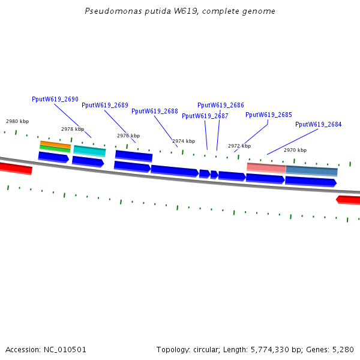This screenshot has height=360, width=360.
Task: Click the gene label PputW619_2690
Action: (55, 99)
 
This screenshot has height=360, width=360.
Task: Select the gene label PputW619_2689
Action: (105, 105)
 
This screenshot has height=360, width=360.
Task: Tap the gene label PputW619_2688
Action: (155, 111)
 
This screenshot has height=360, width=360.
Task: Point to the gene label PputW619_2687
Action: (205, 116)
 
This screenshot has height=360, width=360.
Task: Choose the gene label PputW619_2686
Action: (221, 105)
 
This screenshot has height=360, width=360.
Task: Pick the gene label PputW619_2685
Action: (269, 115)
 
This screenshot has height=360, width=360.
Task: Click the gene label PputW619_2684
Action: (319, 124)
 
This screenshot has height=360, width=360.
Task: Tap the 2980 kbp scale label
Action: (17, 121)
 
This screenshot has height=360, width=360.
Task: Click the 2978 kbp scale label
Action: (73, 129)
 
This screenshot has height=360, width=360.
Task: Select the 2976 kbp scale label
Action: (128, 136)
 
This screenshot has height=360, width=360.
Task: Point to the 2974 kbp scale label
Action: (184, 141)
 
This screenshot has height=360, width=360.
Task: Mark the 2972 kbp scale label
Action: (239, 146)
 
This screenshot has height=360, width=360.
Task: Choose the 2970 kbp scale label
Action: (295, 150)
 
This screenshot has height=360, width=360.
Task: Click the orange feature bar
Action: (55, 144)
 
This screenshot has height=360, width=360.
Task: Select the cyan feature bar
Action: (89, 149)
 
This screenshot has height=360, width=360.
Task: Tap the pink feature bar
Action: (266, 167)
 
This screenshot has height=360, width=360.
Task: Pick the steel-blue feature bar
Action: (311, 170)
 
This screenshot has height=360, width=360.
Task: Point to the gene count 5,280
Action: (343, 349)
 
